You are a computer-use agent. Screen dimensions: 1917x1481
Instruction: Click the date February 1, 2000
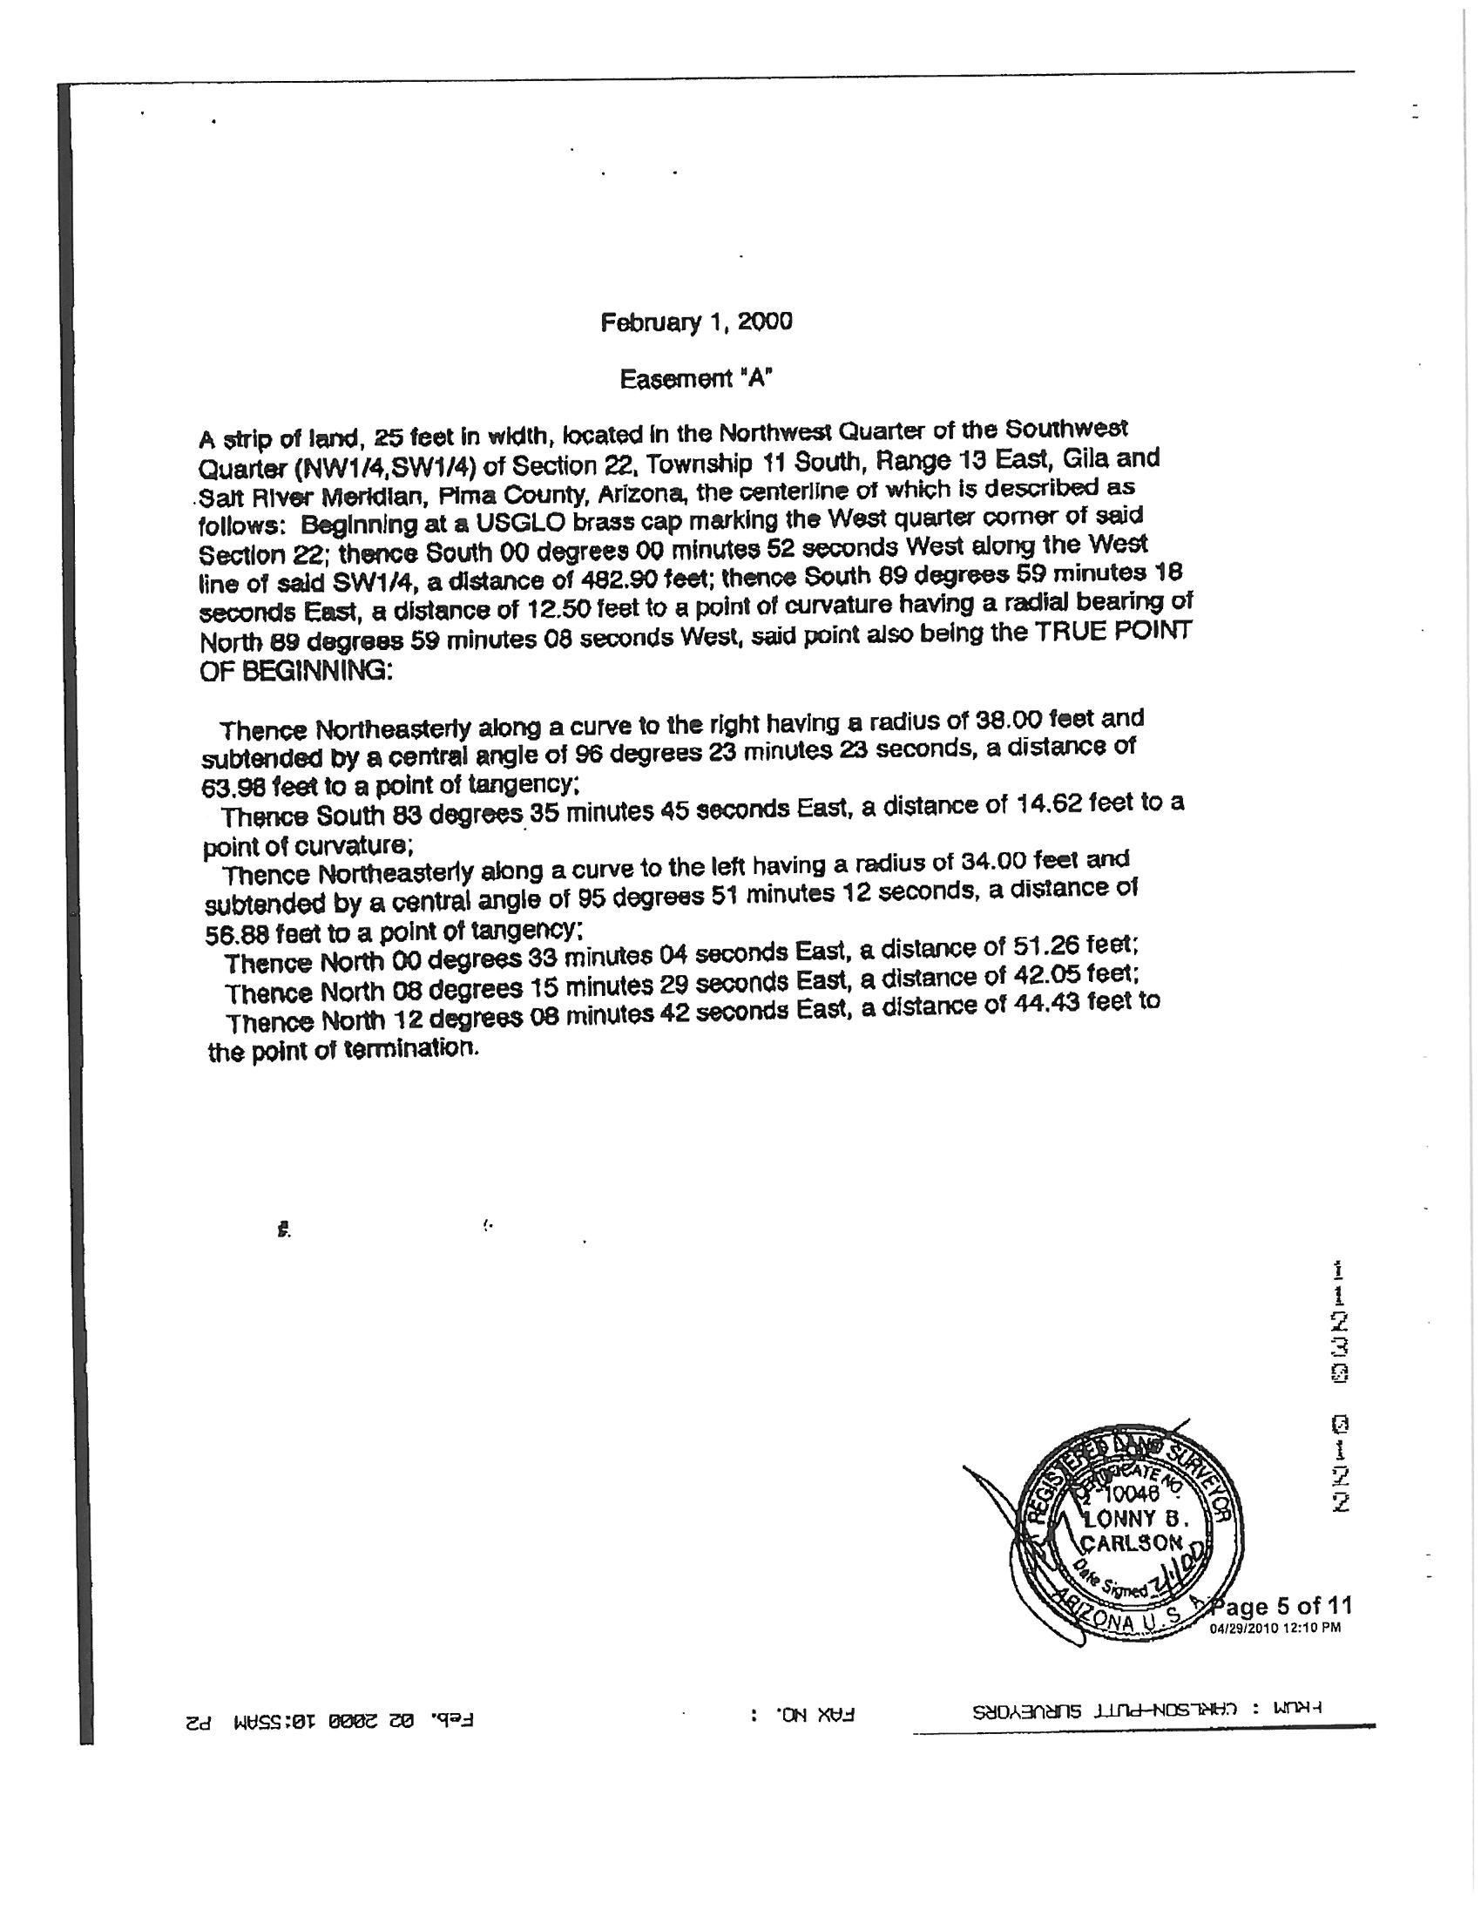[696, 323]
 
